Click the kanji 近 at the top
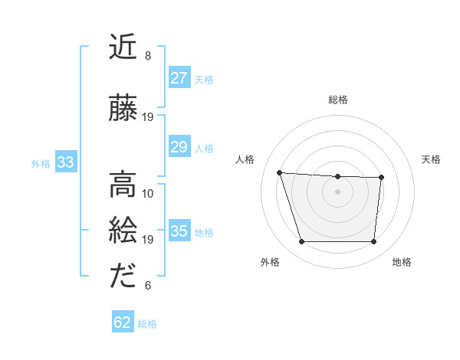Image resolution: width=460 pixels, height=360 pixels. coord(123,49)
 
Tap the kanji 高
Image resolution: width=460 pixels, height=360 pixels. coord(123,185)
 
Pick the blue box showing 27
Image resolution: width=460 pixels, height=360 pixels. coord(179,78)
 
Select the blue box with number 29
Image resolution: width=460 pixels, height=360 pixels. coord(179,147)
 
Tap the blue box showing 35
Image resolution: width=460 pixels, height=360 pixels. coord(179,231)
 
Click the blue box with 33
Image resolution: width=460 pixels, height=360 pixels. coord(64,162)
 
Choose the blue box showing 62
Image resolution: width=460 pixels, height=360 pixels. coord(123,322)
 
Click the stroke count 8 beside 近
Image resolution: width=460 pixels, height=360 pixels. coord(148,56)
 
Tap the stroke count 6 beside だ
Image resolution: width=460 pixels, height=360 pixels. coord(148,286)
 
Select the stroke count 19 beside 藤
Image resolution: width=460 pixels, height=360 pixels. coord(148,117)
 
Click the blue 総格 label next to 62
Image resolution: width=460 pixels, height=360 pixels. coord(147,324)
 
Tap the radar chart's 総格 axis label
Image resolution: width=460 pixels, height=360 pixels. coord(337,100)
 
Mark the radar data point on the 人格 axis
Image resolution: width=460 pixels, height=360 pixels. coord(280,173)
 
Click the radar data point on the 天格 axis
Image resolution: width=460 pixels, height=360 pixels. coord(381,178)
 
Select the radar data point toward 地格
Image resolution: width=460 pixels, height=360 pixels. coord(373,242)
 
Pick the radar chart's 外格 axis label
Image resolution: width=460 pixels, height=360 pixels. coord(270,263)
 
